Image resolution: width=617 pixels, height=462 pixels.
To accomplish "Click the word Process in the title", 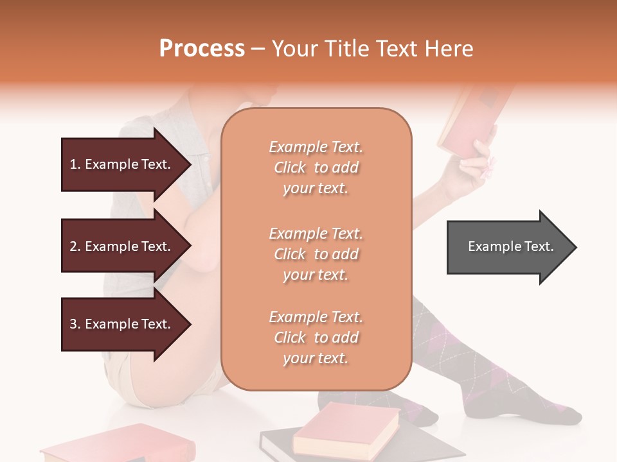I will click(x=202, y=49).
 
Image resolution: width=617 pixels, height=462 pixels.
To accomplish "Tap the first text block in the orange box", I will click(x=316, y=167).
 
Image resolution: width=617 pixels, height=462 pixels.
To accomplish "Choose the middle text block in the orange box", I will click(x=316, y=253).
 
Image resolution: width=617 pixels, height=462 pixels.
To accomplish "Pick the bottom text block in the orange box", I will click(x=316, y=338).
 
